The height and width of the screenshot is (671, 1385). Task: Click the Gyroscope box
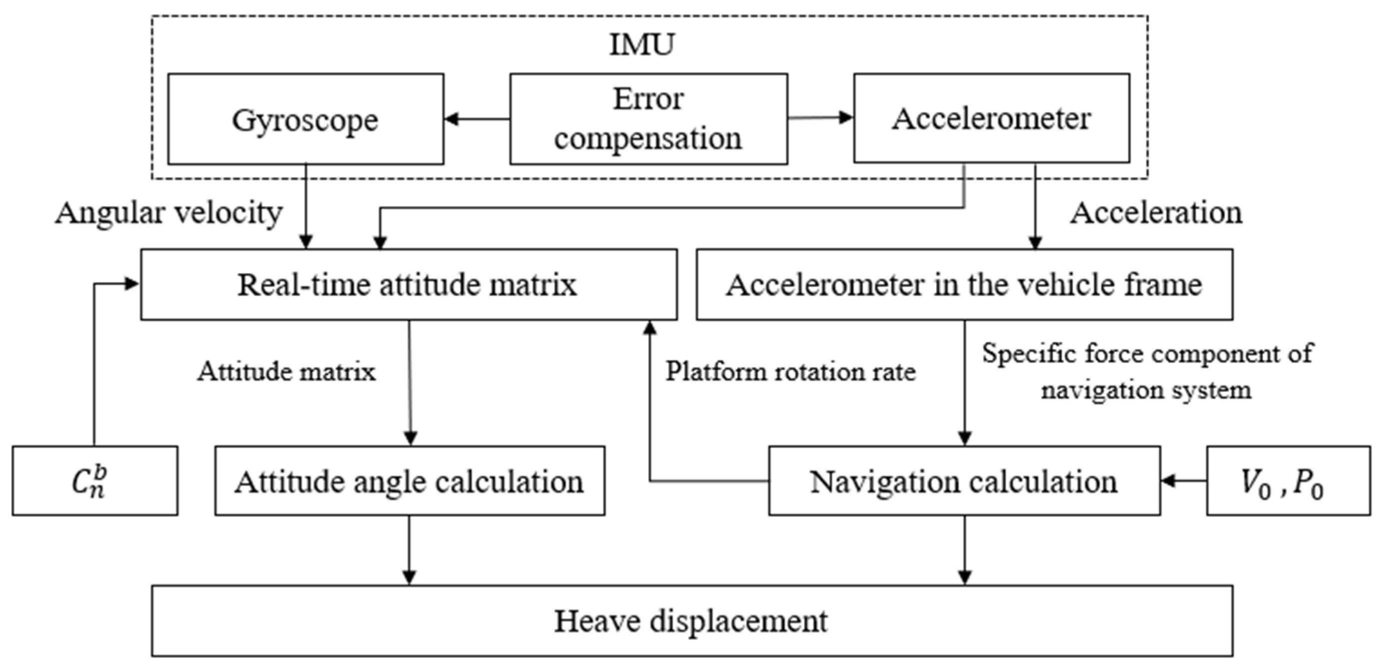(x=305, y=119)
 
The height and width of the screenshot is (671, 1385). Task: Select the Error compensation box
(x=648, y=119)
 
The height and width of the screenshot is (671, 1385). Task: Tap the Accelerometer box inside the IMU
(x=991, y=118)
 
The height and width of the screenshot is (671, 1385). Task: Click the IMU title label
(x=641, y=44)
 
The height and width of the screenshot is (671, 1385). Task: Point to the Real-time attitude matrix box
(x=409, y=284)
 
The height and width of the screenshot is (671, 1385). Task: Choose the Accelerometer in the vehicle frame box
(x=964, y=284)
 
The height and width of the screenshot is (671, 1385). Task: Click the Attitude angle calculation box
(x=410, y=481)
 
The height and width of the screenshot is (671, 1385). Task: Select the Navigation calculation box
(x=964, y=481)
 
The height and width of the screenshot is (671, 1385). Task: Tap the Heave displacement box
(x=691, y=621)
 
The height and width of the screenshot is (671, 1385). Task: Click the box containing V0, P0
(x=1288, y=481)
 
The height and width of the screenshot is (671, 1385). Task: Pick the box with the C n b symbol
(x=94, y=481)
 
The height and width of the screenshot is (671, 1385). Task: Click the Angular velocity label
(x=169, y=213)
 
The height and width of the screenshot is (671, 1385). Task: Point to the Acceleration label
(x=1156, y=213)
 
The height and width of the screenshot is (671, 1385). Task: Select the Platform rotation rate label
(x=790, y=371)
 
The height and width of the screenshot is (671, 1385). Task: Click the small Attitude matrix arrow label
(x=286, y=371)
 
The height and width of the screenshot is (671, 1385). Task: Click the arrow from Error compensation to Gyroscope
(x=477, y=119)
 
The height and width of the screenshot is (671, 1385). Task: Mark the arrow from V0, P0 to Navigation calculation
(x=1183, y=481)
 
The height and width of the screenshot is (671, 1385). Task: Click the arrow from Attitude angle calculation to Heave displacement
(x=409, y=550)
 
